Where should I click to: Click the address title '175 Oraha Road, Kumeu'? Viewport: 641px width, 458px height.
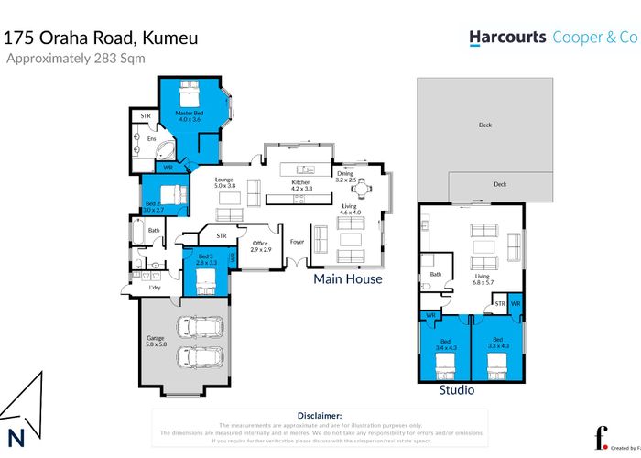[x=102, y=38]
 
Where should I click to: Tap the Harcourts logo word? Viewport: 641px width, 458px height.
[x=507, y=38]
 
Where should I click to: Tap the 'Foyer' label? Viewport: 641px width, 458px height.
[x=297, y=243]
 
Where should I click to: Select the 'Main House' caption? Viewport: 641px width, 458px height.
[x=347, y=278]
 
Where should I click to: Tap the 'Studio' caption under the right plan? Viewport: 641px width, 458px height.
[x=456, y=390]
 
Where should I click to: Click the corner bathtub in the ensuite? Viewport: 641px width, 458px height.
[x=165, y=151]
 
